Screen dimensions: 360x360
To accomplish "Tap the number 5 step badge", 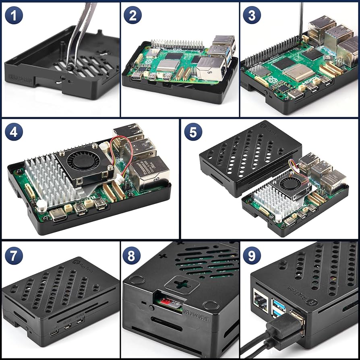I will (193, 132).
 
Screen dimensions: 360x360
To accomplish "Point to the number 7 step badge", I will (14, 255).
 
